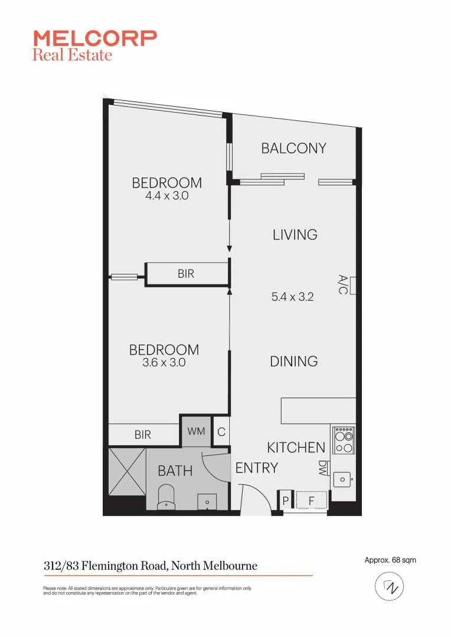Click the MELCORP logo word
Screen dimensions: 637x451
click(95, 39)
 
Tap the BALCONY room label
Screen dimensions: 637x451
click(293, 148)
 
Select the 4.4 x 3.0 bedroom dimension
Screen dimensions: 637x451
click(166, 196)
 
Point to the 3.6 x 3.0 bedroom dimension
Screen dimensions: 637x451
click(164, 363)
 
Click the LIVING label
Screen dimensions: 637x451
click(295, 235)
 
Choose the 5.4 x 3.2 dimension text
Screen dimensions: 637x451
click(292, 297)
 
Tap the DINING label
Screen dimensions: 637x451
click(294, 362)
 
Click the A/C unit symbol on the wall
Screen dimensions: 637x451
click(354, 284)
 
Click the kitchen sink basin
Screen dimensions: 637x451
click(342, 480)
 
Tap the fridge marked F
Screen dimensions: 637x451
click(311, 501)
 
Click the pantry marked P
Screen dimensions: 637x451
click(286, 501)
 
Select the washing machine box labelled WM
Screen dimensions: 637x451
click(196, 432)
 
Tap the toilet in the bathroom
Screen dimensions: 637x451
click(167, 497)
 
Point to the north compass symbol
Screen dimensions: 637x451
click(390, 587)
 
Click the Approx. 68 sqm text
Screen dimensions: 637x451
click(390, 560)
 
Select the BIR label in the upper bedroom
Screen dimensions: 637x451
click(186, 274)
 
